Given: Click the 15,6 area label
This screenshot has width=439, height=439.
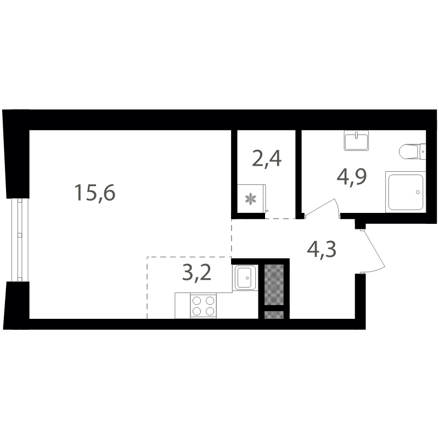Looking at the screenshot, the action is click(x=95, y=193).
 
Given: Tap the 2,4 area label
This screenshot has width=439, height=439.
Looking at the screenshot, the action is click(x=267, y=159).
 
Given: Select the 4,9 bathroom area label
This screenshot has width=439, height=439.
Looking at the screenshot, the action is click(x=352, y=177).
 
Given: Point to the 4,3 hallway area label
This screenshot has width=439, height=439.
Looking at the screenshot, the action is click(x=322, y=250).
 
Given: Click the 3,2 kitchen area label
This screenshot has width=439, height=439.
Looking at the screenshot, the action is click(x=196, y=273).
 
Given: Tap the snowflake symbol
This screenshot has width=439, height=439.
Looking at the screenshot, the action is click(x=251, y=199).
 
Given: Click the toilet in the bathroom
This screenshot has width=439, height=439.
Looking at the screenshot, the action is click(x=413, y=151).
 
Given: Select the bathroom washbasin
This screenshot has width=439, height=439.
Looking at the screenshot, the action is click(x=356, y=140).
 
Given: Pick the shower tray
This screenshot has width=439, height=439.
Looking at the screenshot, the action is click(x=406, y=192).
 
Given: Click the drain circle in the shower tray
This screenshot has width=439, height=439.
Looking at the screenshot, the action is click(x=418, y=192).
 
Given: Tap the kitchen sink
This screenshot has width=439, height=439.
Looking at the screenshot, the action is click(x=245, y=278).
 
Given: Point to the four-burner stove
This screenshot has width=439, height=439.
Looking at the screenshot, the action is click(x=203, y=306).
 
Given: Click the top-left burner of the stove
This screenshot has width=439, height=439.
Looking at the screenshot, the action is click(x=197, y=300).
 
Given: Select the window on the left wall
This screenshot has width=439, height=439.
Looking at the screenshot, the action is click(x=20, y=240).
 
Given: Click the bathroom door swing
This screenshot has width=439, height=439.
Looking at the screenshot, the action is click(x=322, y=207).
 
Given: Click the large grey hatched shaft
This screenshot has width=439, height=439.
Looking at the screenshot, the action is click(x=274, y=284).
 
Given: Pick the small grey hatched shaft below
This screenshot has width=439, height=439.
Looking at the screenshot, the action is click(x=274, y=314).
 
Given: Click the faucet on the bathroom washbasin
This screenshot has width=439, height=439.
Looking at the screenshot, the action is click(x=356, y=136).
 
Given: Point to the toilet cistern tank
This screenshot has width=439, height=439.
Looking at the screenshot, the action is click(x=423, y=151).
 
